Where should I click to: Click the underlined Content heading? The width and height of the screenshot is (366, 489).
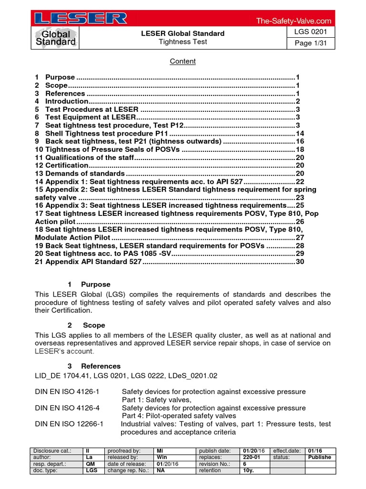[x=183, y=61]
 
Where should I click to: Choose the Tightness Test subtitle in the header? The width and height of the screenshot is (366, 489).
[x=183, y=42]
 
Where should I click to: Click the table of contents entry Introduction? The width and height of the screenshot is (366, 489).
[x=67, y=101]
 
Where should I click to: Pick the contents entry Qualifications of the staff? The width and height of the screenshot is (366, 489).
[x=90, y=157]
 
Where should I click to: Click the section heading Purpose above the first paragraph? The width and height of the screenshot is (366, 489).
[x=95, y=284]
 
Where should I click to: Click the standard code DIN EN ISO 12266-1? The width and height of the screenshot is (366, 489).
[x=72, y=424]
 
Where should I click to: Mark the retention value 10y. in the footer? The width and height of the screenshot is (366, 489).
[x=248, y=470]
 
